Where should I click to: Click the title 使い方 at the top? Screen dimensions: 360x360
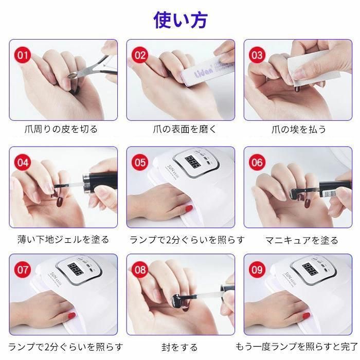181,20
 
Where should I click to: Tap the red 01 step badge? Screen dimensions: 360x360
23,55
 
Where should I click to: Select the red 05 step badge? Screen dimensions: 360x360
140,163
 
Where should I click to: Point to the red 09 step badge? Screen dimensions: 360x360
257,269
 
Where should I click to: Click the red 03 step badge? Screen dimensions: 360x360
257,55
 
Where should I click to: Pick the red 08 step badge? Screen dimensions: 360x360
140,269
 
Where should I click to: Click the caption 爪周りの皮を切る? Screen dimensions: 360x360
61,129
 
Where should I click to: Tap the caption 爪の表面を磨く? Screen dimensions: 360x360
185,129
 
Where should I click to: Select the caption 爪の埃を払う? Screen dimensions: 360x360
299,130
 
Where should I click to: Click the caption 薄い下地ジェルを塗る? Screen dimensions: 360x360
63,240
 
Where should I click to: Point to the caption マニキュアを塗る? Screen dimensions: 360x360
302,240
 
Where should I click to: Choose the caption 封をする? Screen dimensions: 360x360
179,347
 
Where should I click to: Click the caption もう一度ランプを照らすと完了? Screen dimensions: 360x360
297,347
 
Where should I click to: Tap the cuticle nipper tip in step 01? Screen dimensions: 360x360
71,75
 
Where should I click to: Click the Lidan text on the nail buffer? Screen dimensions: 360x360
204,72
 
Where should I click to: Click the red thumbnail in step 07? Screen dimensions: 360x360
71,315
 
